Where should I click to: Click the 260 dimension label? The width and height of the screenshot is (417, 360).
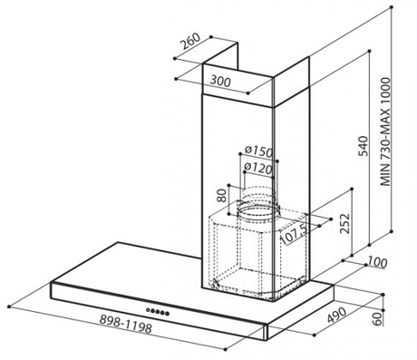click(x=190, y=41)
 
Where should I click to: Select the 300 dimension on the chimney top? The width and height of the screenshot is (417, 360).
click(x=220, y=81)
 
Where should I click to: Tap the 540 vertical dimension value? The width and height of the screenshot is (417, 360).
click(x=363, y=147)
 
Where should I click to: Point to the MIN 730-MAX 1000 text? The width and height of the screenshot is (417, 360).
click(x=385, y=131)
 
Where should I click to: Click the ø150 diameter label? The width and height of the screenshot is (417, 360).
click(x=258, y=151)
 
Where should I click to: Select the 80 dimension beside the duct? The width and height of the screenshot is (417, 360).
click(x=222, y=196)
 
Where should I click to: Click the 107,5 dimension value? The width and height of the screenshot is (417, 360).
click(x=294, y=234)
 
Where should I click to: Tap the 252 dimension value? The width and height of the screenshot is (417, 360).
click(x=344, y=223)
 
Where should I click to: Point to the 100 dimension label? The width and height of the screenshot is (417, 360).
click(x=377, y=262)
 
